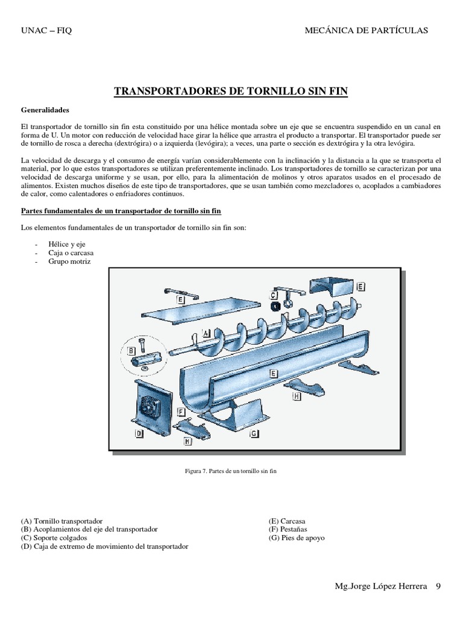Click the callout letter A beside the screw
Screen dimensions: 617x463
(206, 333)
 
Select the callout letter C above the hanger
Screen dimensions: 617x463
(273, 296)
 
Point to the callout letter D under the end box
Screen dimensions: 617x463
(139, 433)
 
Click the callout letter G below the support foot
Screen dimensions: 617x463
(254, 433)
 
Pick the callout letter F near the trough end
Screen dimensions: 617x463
(181, 411)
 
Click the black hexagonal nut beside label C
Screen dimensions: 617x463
(274, 307)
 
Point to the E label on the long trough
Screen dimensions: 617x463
(273, 374)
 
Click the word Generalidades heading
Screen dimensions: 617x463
(45, 111)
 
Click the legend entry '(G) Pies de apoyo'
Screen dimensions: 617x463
(297, 537)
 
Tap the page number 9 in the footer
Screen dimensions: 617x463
(438, 586)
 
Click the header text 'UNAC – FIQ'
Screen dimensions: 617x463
(46, 31)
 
